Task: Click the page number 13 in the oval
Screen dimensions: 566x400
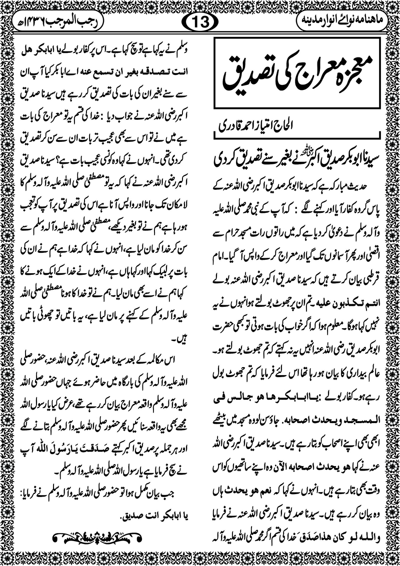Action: [200, 21]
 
